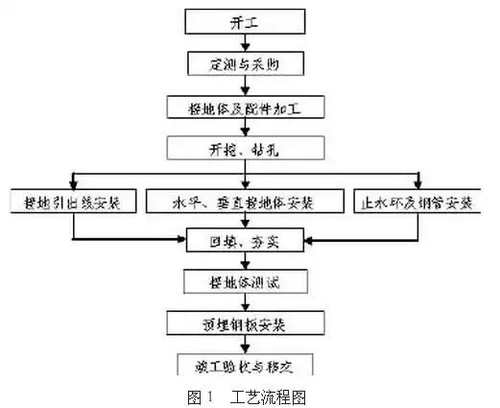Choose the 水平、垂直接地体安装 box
point(244,203)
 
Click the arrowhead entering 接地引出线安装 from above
point(69,185)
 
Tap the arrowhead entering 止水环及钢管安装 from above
point(418,185)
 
